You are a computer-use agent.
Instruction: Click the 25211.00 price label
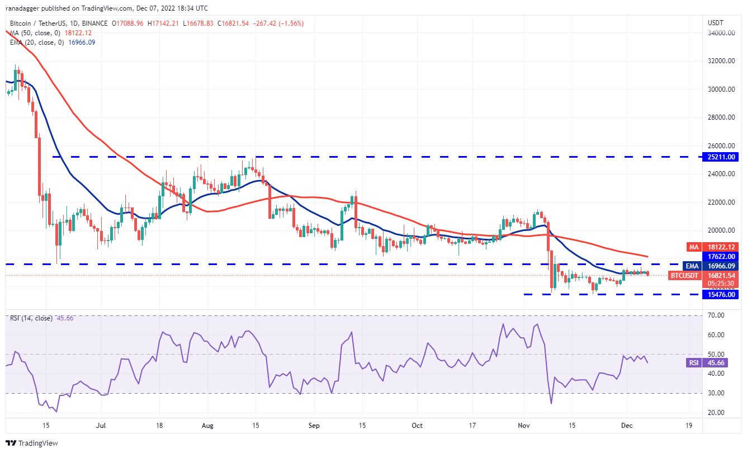[x=720, y=157]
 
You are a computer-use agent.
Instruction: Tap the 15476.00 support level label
[x=720, y=294]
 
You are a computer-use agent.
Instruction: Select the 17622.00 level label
[x=720, y=256]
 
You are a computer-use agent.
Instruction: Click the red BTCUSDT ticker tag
[x=684, y=275]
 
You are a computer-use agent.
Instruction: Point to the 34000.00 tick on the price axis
[x=720, y=33]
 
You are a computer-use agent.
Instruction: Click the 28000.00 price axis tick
[x=720, y=117]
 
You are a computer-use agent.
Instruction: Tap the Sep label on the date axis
[x=314, y=425]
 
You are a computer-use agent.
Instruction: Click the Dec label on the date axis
[x=626, y=425]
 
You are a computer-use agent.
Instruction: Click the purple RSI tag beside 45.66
[x=693, y=362]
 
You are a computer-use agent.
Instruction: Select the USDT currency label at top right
[x=716, y=23]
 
